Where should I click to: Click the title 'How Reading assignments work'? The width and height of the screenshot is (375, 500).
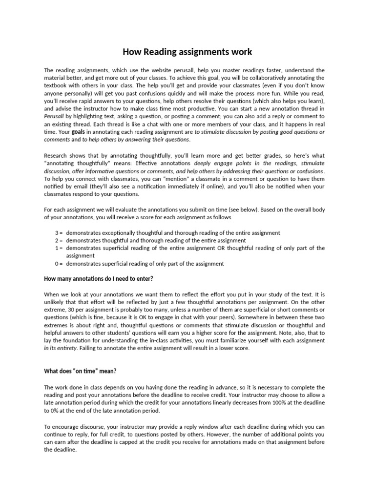pyautogui.click(x=187, y=51)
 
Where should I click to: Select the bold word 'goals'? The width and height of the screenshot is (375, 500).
pyautogui.click(x=78, y=132)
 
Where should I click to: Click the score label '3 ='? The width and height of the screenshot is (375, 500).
pyautogui.click(x=58, y=233)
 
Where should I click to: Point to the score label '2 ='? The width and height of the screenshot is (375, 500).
pyautogui.click(x=58, y=240)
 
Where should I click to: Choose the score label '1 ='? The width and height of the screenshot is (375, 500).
pyautogui.click(x=58, y=248)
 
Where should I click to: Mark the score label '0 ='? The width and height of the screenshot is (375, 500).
pyautogui.click(x=58, y=264)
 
